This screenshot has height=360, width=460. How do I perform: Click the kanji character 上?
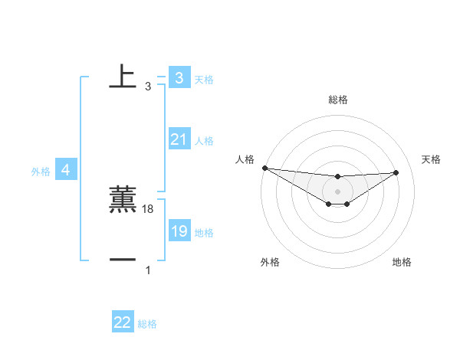click(x=123, y=76)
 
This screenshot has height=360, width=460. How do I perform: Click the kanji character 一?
click(x=123, y=260)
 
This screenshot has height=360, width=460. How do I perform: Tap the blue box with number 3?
click(x=179, y=78)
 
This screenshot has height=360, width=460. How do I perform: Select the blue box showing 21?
click(x=179, y=139)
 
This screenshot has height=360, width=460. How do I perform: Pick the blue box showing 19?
click(x=179, y=231)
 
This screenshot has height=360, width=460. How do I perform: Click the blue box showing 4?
click(x=66, y=170)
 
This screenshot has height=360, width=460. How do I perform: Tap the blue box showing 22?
click(x=123, y=322)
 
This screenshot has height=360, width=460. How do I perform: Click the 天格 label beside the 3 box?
click(x=204, y=80)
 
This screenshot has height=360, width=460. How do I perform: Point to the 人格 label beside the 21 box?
click(x=204, y=141)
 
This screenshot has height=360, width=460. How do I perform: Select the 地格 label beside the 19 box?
click(x=204, y=233)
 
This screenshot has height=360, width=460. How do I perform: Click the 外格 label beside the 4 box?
click(x=41, y=172)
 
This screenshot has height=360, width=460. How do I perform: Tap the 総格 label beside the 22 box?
click(x=147, y=324)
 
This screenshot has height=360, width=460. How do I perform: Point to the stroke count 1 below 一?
click(x=148, y=270)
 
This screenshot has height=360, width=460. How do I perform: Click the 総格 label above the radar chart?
click(x=337, y=100)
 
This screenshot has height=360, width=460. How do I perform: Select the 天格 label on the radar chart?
click(x=431, y=159)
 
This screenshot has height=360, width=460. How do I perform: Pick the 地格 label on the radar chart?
click(x=402, y=262)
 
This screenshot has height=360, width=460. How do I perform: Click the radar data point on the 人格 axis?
click(x=264, y=168)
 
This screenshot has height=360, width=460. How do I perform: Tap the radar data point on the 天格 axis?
click(x=396, y=172)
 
